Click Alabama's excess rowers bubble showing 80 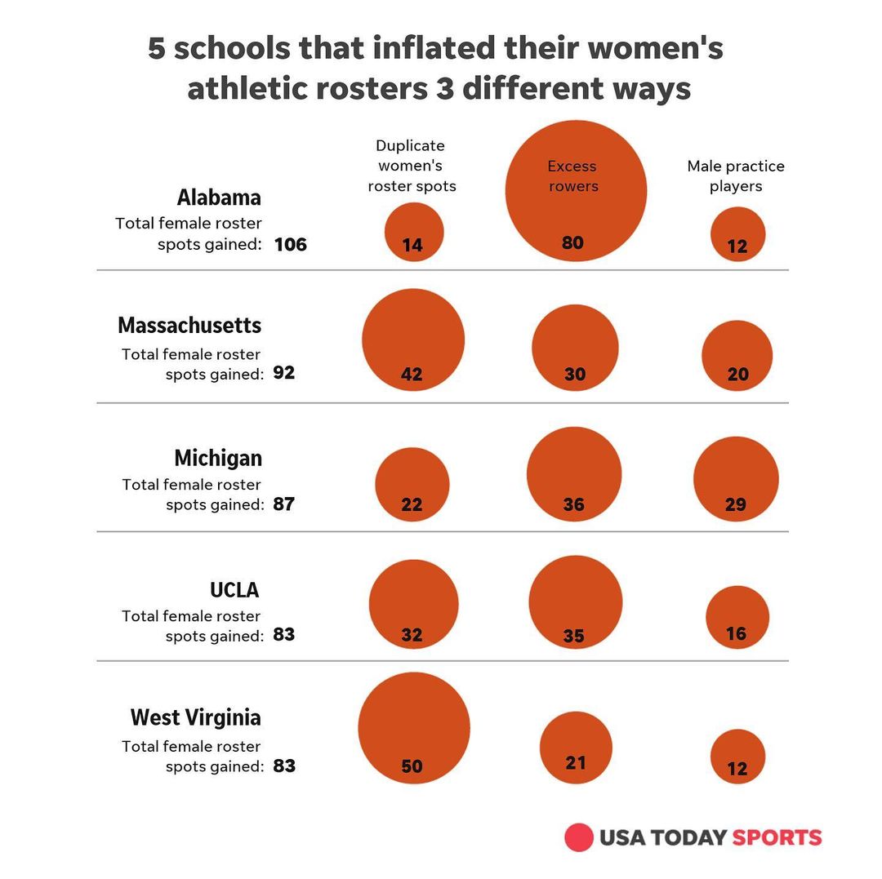pyautogui.click(x=576, y=191)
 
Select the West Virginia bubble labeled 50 pyautogui.click(x=414, y=728)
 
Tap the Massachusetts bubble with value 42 pyautogui.click(x=413, y=340)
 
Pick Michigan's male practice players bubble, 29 pyautogui.click(x=736, y=479)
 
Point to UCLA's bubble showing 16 pyautogui.click(x=737, y=617)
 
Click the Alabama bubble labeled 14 pyautogui.click(x=414, y=232)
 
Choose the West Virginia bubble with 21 pyautogui.click(x=576, y=748)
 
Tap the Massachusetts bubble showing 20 pyautogui.click(x=737, y=356)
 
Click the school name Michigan pyautogui.click(x=218, y=457)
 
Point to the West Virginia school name pyautogui.click(x=196, y=717)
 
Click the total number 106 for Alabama pyautogui.click(x=291, y=244)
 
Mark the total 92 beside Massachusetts pyautogui.click(x=284, y=373)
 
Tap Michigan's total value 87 pyautogui.click(x=284, y=504)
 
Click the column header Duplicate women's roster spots pyautogui.click(x=412, y=166)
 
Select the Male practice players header pyautogui.click(x=736, y=175)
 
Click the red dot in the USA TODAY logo pyautogui.click(x=579, y=837)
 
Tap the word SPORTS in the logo pyautogui.click(x=777, y=837)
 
